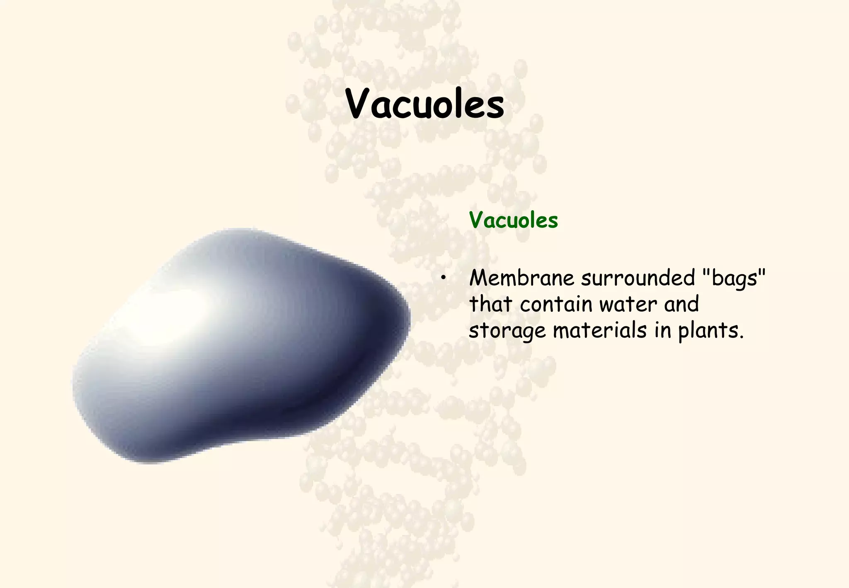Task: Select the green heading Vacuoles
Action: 513,220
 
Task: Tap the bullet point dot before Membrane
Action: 444,278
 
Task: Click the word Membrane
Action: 522,278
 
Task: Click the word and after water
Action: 682,304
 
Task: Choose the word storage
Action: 507,331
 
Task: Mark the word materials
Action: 600,330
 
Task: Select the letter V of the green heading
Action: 477,220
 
